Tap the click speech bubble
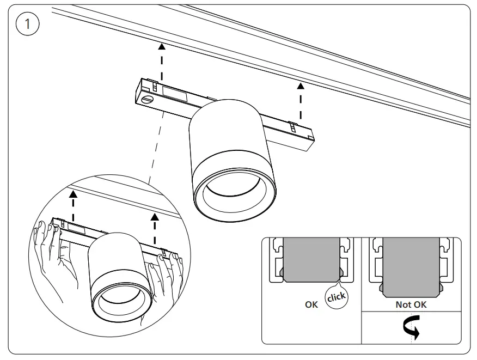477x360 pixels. pos(336,296)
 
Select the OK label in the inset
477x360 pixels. pos(311,305)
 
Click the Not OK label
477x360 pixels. pos(411,305)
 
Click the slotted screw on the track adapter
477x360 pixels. pos(149,100)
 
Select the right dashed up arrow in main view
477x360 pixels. pos(299,101)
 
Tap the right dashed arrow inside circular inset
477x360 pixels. pos(155,229)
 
